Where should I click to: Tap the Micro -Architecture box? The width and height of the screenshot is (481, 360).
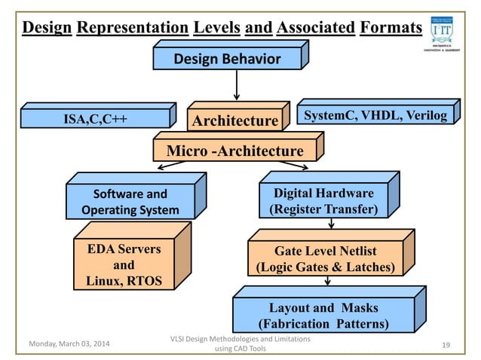click(x=234, y=151)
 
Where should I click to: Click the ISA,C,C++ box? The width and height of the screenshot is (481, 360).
click(x=94, y=118)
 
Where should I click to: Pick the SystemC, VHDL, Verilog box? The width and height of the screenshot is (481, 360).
click(x=375, y=115)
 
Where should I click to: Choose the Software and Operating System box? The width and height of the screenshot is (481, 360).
click(x=130, y=202)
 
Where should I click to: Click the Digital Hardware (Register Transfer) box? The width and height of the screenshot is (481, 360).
click(x=323, y=202)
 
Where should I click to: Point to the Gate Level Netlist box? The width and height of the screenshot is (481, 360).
click(x=325, y=258)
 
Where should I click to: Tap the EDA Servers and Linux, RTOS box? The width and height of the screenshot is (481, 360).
click(x=123, y=265)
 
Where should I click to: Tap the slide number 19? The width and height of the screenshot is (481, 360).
click(x=446, y=345)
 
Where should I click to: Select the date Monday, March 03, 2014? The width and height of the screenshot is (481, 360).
click(x=69, y=345)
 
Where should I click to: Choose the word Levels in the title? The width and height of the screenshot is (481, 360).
click(x=216, y=29)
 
